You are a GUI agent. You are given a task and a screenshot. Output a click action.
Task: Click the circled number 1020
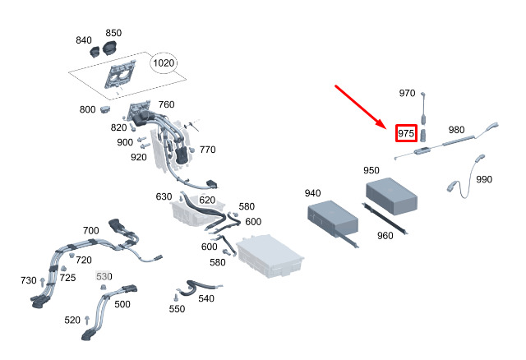pos(164,62)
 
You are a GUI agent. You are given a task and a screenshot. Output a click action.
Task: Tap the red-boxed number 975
pos(406,133)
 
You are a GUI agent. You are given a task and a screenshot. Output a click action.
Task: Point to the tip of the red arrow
pos(386,127)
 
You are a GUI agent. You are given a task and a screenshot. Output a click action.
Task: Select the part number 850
pos(113,33)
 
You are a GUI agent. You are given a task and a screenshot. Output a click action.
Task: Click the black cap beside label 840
pos(95,52)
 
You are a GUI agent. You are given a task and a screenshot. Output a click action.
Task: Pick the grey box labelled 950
pos(391,196)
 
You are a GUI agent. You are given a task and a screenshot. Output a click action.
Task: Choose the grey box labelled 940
pos(333,218)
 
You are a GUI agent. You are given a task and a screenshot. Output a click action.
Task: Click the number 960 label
pos(385,236)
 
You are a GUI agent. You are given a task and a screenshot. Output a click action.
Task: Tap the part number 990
pos(484,179)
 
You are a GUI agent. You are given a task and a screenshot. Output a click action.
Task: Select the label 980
pos(457,130)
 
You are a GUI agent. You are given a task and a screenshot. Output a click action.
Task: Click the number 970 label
pos(407,93)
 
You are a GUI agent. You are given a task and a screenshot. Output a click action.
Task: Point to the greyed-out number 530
pos(104,276)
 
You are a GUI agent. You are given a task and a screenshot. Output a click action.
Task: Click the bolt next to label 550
pos(175,298)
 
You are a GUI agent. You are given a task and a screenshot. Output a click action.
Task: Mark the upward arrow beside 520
pos(87,321)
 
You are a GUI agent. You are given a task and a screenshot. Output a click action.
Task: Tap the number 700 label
pos(91,230)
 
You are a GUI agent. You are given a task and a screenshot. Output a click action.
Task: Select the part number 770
pos(207,150)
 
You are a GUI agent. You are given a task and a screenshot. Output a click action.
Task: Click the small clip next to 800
pos(105,108)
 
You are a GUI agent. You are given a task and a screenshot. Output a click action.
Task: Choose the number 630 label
pos(164,196)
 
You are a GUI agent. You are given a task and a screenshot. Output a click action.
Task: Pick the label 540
pos(206,298)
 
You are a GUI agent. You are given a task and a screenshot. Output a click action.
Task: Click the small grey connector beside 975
pos(423,135)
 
